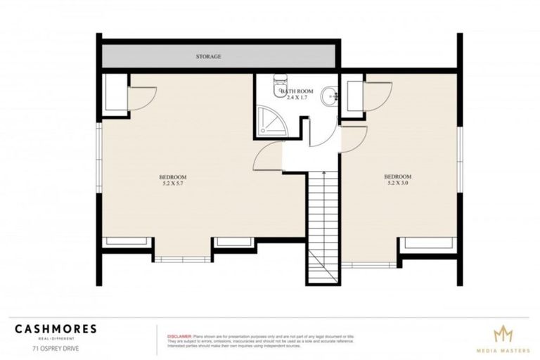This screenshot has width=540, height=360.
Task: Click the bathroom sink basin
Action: [328, 97]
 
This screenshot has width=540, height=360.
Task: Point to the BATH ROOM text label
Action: [294, 91]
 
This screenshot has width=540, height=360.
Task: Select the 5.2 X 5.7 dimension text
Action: [172, 183]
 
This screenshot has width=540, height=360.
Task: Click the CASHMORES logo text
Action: [56, 328]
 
